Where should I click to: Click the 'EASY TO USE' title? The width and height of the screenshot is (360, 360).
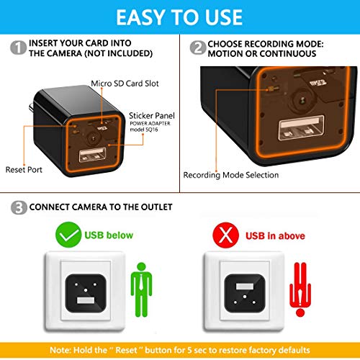[x=179, y=17]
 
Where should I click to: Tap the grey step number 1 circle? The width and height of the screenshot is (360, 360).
[x=18, y=48]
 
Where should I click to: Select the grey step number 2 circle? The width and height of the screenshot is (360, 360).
[x=198, y=48]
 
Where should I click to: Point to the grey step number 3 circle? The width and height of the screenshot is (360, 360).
[x=19, y=207]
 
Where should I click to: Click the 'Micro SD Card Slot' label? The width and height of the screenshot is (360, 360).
[x=125, y=84]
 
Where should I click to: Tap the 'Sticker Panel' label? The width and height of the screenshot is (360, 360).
[x=152, y=116]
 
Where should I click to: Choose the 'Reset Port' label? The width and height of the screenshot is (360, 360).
[x=24, y=170]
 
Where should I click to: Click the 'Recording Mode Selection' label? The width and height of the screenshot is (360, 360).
[x=231, y=175]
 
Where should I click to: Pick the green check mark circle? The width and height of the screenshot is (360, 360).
[x=68, y=235]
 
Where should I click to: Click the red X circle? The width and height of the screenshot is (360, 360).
[x=225, y=235]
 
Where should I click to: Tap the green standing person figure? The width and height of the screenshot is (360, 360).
[x=141, y=289]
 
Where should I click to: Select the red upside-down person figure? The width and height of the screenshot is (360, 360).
[x=300, y=289]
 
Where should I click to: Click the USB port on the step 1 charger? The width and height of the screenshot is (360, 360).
[x=92, y=155]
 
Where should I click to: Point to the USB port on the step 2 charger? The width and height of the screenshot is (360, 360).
[x=302, y=128]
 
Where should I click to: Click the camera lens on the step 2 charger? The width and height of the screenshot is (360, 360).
[x=302, y=99]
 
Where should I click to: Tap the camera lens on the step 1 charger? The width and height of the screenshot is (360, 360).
[x=93, y=138]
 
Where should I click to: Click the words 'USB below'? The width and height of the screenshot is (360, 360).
[x=109, y=235]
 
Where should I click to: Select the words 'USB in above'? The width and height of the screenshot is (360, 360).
[x=275, y=236]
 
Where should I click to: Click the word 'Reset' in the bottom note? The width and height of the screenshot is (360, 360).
[x=127, y=350]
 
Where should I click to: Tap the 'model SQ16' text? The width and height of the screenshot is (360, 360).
[x=144, y=130]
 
